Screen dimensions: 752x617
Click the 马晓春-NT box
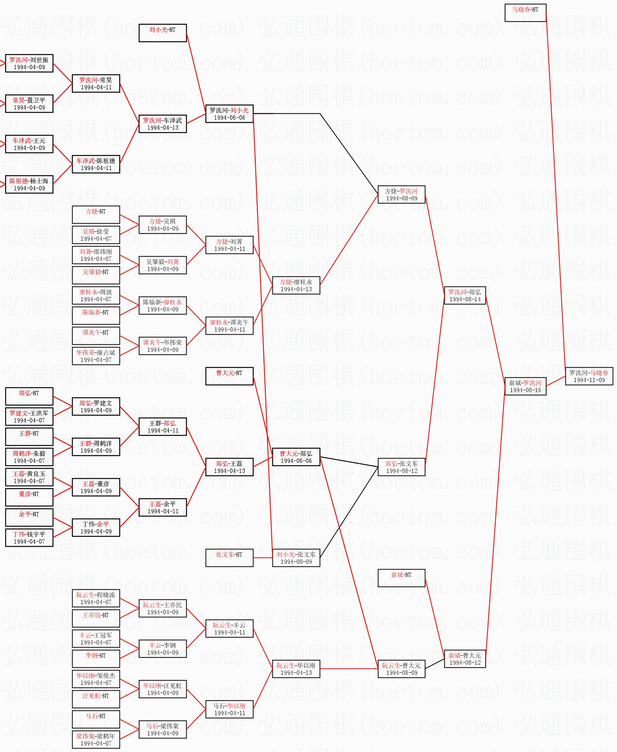click(x=525, y=13)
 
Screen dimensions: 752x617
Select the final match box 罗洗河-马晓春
click(x=589, y=376)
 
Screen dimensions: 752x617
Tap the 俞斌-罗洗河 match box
click(x=525, y=386)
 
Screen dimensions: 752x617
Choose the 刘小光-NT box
click(x=163, y=33)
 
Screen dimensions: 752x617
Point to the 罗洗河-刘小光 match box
click(x=229, y=114)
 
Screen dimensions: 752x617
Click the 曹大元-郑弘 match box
click(x=296, y=457)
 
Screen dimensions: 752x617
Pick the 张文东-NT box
click(x=229, y=558)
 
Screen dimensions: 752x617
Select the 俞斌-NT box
click(x=402, y=578)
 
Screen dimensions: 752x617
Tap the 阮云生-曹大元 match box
click(x=402, y=669)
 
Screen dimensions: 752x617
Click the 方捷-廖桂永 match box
click(x=296, y=285)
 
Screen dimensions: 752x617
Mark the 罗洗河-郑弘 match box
click(x=465, y=295)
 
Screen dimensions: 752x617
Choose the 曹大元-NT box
click(x=229, y=376)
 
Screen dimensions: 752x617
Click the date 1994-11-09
click(x=589, y=380)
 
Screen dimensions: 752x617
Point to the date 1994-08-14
click(x=465, y=299)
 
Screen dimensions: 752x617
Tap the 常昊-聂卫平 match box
click(x=29, y=104)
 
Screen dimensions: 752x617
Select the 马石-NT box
click(x=96, y=719)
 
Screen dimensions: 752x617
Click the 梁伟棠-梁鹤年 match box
click(x=96, y=740)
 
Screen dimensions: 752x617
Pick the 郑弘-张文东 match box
click(x=402, y=467)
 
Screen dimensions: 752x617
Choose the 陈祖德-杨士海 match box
click(x=29, y=184)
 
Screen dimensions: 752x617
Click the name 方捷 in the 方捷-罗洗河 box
click(x=391, y=191)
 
